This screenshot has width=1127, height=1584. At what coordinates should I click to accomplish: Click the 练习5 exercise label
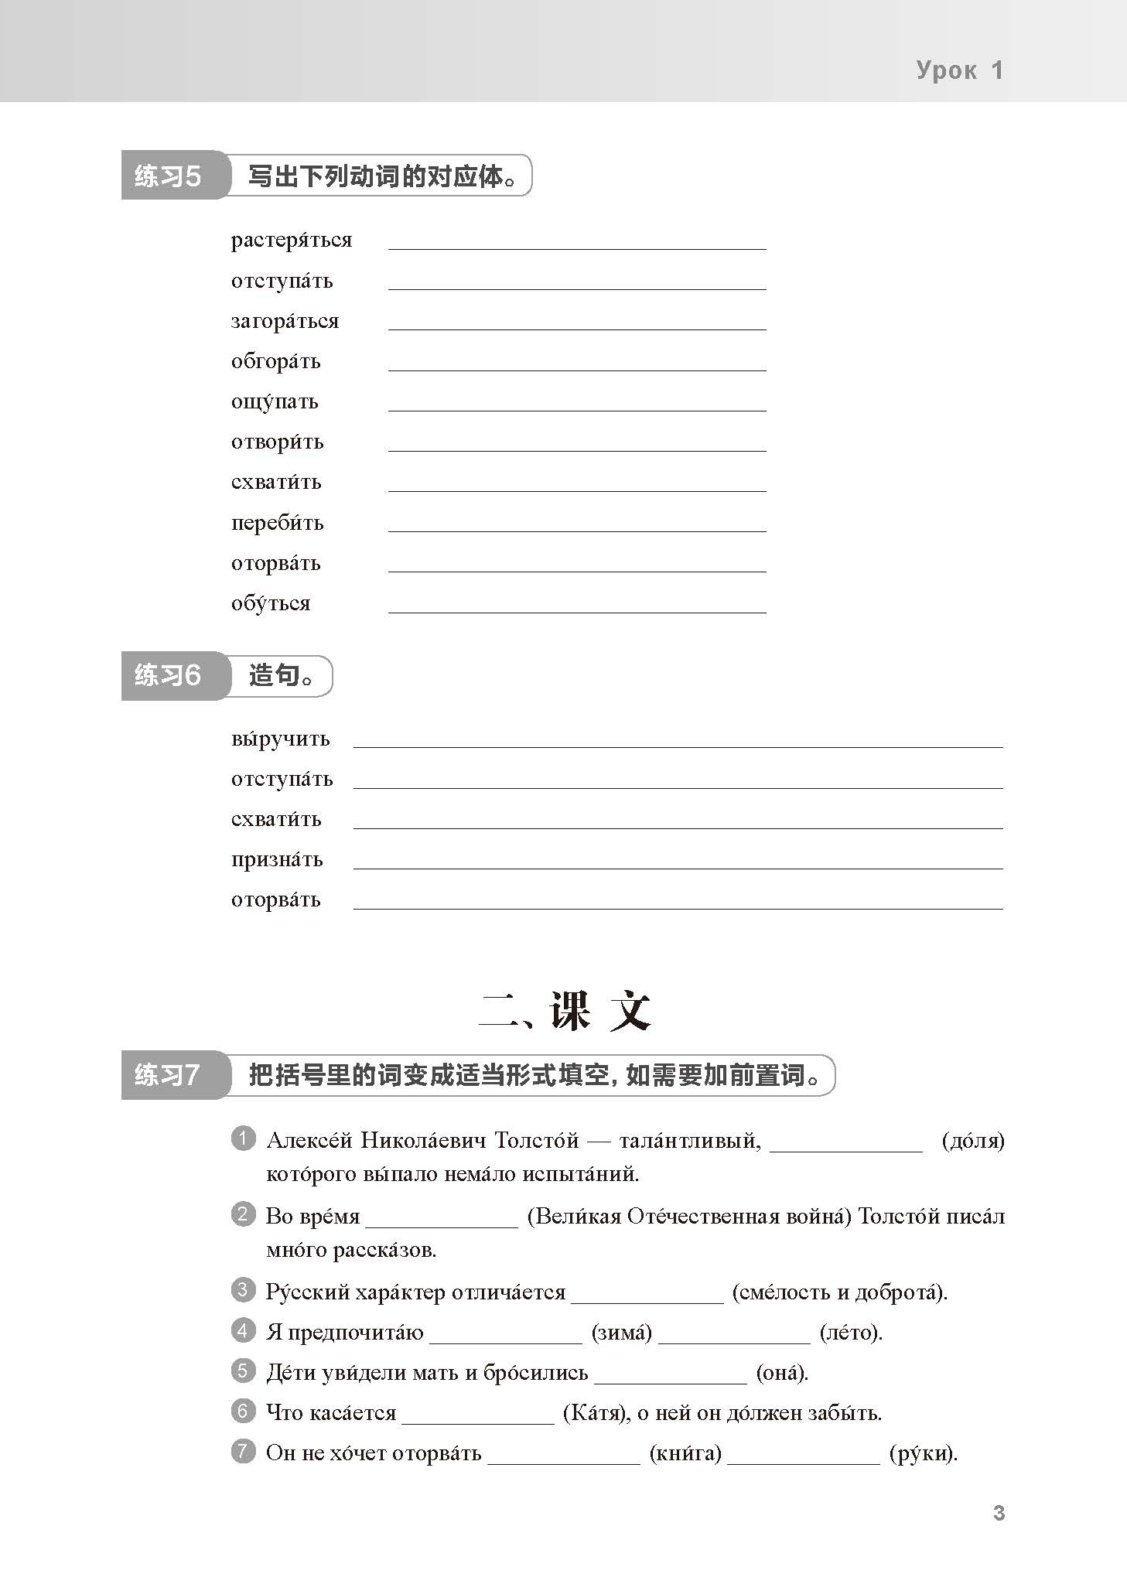pyautogui.click(x=168, y=176)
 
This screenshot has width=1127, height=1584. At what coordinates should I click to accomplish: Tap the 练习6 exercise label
pyautogui.click(x=168, y=675)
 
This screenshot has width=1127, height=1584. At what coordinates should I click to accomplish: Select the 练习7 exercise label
pyautogui.click(x=168, y=1074)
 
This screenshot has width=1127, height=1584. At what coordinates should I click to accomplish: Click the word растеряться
pyautogui.click(x=291, y=241)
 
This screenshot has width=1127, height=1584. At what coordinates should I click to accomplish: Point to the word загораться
pyautogui.click(x=285, y=321)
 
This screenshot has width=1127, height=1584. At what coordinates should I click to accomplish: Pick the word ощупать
pyautogui.click(x=275, y=401)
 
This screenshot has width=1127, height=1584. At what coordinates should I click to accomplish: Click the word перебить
pyautogui.click(x=277, y=523)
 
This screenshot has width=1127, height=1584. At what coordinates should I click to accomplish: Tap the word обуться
pyautogui.click(x=270, y=603)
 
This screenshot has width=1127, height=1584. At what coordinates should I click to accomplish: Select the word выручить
pyautogui.click(x=280, y=739)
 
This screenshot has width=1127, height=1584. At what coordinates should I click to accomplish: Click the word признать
pyautogui.click(x=276, y=859)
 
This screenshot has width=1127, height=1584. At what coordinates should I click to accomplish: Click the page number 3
pyautogui.click(x=999, y=1512)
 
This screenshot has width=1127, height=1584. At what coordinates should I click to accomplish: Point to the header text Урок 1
pyautogui.click(x=959, y=70)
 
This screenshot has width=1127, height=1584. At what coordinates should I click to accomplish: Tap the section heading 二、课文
pyautogui.click(x=564, y=1010)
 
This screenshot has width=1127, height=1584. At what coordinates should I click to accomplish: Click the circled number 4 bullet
pyautogui.click(x=243, y=1330)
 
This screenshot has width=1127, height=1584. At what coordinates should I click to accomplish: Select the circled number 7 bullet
pyautogui.click(x=243, y=1451)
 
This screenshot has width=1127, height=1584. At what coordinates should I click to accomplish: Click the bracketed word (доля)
pyautogui.click(x=973, y=1141)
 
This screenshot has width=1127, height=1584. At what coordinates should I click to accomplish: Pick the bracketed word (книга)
pyautogui.click(x=685, y=1453)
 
